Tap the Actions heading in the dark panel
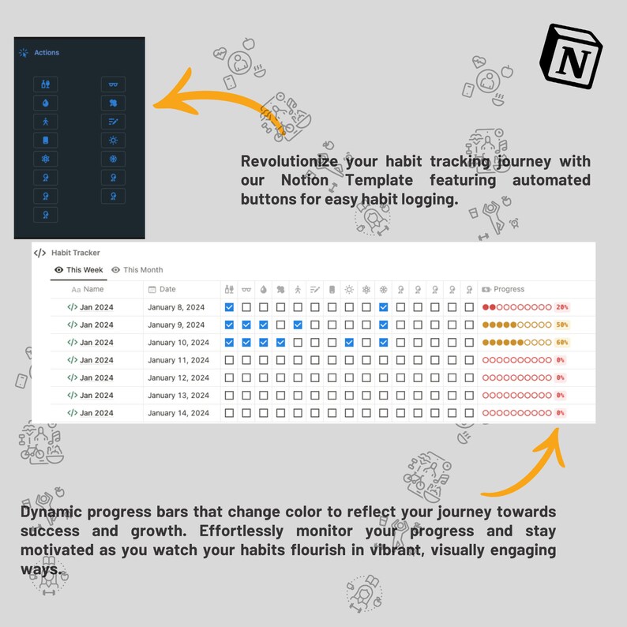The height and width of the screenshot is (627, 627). click(x=46, y=53)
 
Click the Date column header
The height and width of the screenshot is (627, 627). click(x=167, y=290)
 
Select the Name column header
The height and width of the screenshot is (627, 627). click(x=92, y=290)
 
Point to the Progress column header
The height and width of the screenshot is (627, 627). click(x=509, y=290)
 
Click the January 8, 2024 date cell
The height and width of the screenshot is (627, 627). click(x=176, y=307)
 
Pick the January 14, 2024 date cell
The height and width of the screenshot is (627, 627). click(x=178, y=413)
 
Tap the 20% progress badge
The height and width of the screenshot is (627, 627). click(x=561, y=307)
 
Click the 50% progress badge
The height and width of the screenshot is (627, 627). click(x=561, y=325)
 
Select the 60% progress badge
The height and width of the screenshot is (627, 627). click(x=561, y=343)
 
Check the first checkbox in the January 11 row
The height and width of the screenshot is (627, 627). click(x=230, y=360)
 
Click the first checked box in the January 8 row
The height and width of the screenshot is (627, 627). click(x=230, y=307)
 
